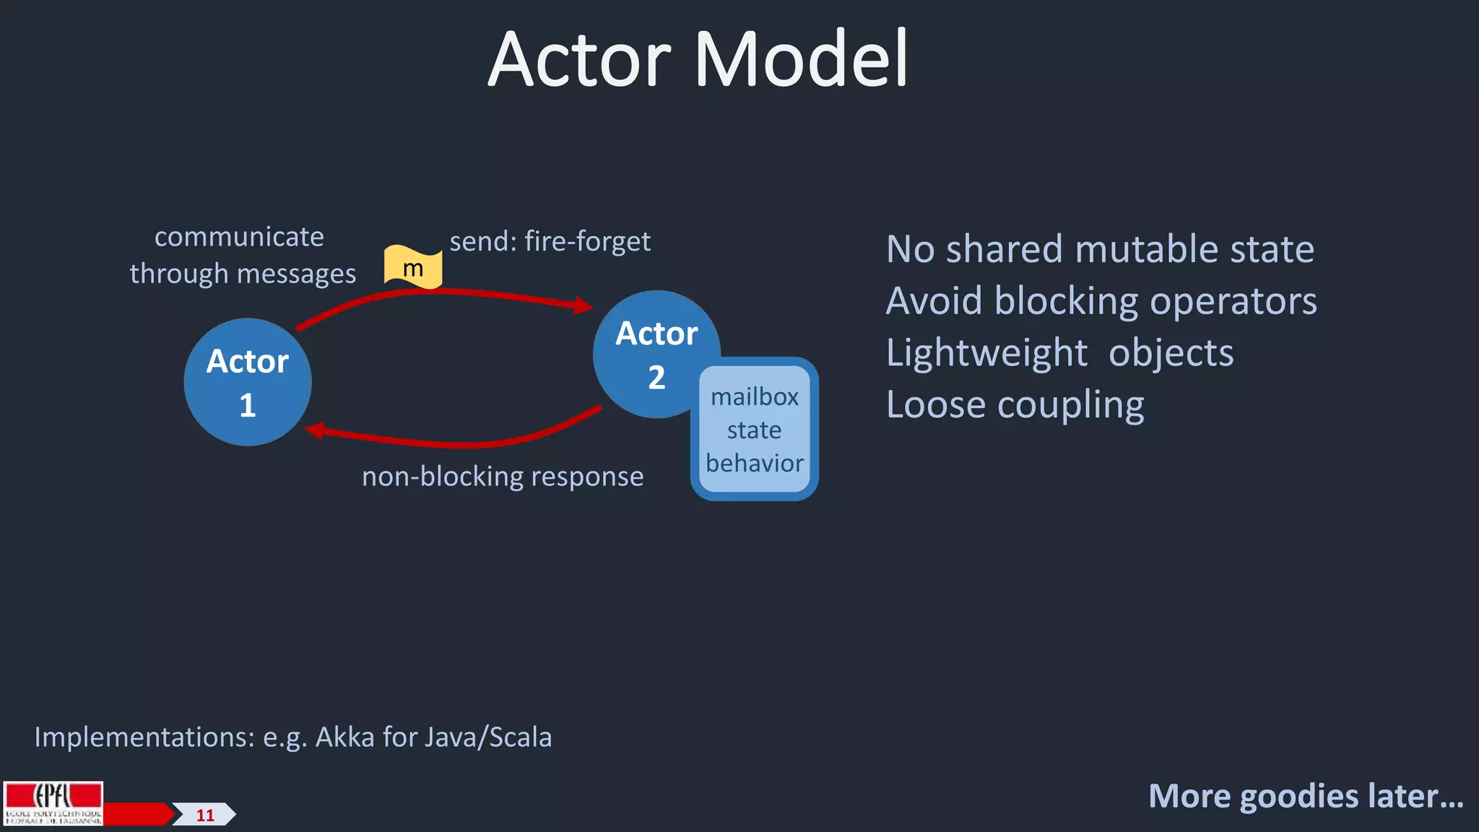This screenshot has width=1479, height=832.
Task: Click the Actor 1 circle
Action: [x=248, y=382]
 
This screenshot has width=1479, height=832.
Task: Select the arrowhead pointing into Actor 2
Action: [x=584, y=305]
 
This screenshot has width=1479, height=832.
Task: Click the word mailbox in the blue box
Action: [x=755, y=397]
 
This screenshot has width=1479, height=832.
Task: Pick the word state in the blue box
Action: [x=754, y=430]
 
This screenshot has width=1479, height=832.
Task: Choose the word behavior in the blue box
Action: [x=755, y=464]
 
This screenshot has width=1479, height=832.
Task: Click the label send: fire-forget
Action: [x=550, y=241]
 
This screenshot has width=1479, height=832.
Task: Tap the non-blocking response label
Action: [x=503, y=477]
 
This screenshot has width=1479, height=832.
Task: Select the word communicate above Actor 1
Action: [x=239, y=237]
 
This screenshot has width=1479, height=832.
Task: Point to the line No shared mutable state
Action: [x=1100, y=249]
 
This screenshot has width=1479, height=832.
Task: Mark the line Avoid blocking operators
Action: [x=1101, y=301]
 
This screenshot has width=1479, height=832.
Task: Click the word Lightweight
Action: [x=986, y=353]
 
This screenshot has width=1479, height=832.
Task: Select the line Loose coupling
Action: [x=1015, y=405]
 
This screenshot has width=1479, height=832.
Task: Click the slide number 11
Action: [x=205, y=815]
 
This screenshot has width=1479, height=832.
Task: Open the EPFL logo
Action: [x=53, y=803]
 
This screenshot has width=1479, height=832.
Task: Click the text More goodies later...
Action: [x=1306, y=796]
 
